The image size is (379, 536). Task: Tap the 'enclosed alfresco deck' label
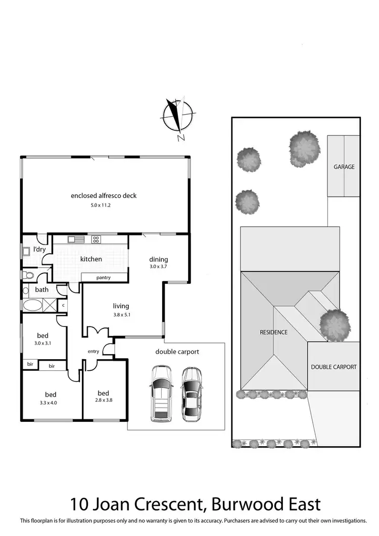pyautogui.click(x=104, y=196)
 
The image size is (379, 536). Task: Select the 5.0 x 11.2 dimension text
pyautogui.click(x=104, y=206)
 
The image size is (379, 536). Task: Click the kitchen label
pyautogui.click(x=91, y=259)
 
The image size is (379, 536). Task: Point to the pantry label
pyautogui.click(x=104, y=277)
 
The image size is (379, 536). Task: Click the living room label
pyautogui.click(x=121, y=306)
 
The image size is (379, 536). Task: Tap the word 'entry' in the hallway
pyautogui.click(x=94, y=351)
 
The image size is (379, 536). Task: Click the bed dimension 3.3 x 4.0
pyautogui.click(x=51, y=403)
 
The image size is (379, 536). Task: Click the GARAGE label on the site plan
pyautogui.click(x=344, y=167)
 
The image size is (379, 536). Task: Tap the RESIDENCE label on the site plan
pyautogui.click(x=273, y=332)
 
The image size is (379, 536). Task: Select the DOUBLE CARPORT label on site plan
pyautogui.click(x=334, y=367)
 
